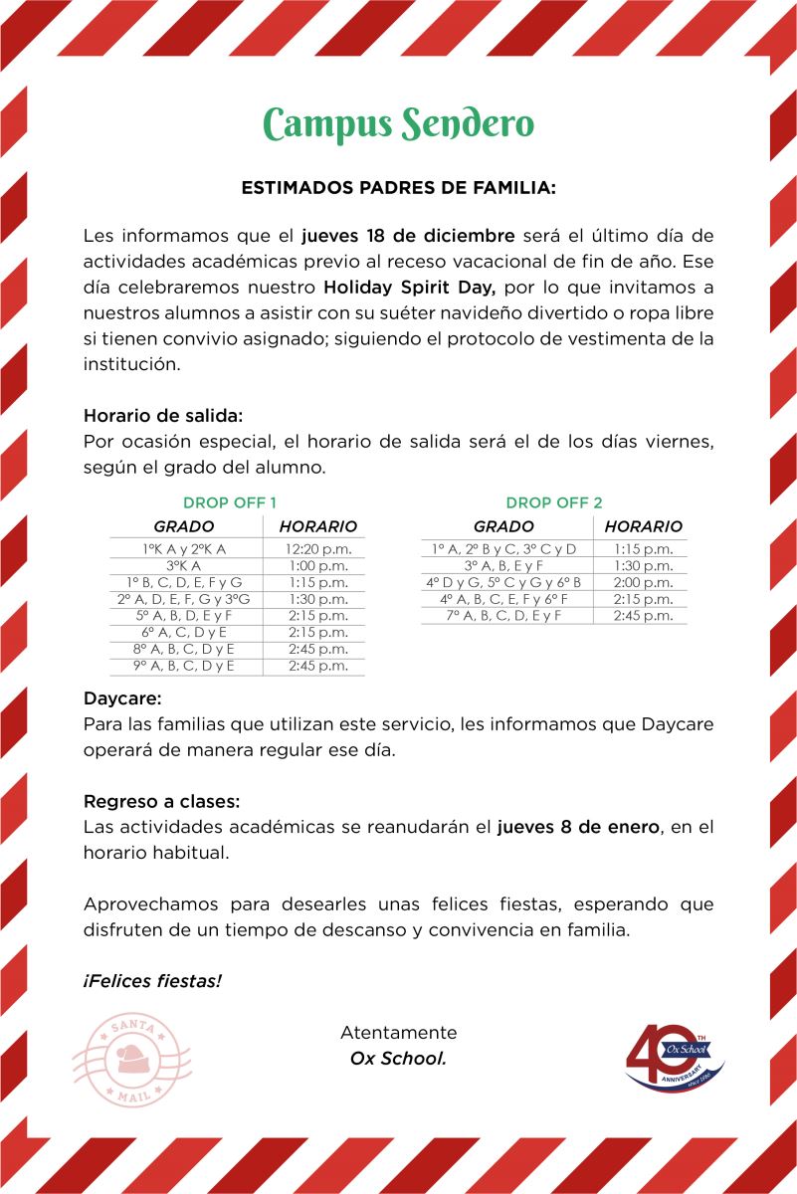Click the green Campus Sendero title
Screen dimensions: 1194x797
click(x=398, y=124)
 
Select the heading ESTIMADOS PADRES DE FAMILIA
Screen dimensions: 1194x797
click(x=398, y=187)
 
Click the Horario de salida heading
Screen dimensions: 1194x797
click(x=163, y=415)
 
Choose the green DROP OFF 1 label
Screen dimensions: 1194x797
click(x=230, y=502)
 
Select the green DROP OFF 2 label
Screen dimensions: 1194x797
click(x=554, y=502)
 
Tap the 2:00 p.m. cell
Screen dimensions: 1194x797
click(x=644, y=582)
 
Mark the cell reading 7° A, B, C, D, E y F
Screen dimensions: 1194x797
click(x=503, y=616)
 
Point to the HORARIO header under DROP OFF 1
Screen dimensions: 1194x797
click(x=318, y=526)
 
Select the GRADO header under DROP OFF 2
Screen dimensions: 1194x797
click(x=503, y=526)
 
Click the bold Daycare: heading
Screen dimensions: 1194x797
click(x=122, y=700)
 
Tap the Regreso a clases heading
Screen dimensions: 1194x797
click(x=162, y=802)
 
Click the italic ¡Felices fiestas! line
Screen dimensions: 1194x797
click(x=152, y=981)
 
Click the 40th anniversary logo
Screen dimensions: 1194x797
click(x=674, y=1058)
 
